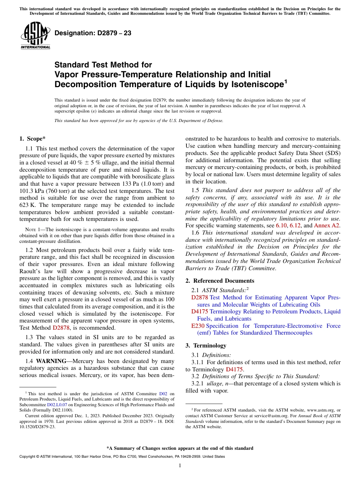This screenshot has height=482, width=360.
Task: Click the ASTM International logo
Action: (x=35, y=36)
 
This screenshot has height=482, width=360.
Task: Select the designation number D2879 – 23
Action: (x=93, y=33)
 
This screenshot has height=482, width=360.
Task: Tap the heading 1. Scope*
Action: (x=32, y=139)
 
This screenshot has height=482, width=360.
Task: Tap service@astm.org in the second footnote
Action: (x=267, y=416)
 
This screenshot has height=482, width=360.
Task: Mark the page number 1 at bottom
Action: (x=180, y=466)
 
